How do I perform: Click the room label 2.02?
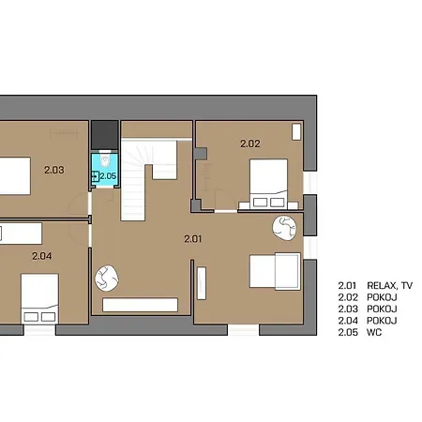250,143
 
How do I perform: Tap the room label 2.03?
54,170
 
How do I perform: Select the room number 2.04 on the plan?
42,256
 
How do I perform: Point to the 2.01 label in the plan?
193,239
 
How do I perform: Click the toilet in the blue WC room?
105,160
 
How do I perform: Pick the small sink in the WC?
95,176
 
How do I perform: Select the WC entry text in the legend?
374,332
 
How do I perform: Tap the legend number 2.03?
348,309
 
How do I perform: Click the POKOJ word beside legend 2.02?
382,297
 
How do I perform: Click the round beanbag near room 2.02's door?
284,229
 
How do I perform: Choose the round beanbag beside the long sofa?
107,279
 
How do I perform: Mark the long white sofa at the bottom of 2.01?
140,305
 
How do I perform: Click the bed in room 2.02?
268,184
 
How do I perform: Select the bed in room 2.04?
39,299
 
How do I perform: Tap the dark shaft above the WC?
105,135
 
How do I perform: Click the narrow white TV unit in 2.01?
202,283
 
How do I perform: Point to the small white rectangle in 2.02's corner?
296,131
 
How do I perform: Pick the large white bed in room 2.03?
15,175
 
